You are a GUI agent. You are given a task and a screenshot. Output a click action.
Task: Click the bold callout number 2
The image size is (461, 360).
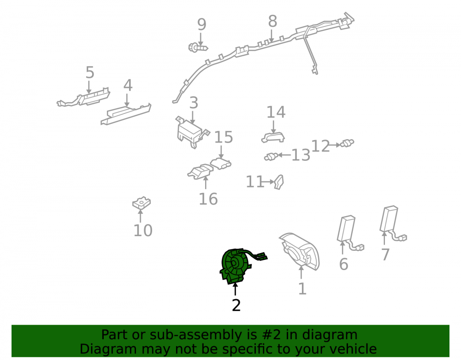coord(236,305)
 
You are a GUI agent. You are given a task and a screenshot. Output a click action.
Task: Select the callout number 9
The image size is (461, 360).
coord(201,24)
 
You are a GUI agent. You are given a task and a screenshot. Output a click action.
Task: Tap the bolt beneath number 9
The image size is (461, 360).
coord(198,47)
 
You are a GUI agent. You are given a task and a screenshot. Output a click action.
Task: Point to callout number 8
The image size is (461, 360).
coord(272,21)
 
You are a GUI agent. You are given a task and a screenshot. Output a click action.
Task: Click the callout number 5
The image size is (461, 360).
coord(90,72)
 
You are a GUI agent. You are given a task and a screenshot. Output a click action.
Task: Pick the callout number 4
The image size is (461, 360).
coord(128,86)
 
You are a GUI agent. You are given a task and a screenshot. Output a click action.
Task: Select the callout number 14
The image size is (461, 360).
coord(276,112)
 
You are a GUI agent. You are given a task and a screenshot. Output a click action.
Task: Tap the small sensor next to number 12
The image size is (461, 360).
coord(347,143)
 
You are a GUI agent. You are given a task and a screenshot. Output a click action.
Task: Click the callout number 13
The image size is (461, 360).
coord(301,155)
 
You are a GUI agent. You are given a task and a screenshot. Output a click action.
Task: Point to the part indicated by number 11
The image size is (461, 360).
coord(279,182)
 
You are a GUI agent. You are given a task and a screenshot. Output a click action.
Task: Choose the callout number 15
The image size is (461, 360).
coord(224,137)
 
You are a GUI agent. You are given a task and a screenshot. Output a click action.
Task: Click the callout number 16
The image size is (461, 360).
coord(208,199)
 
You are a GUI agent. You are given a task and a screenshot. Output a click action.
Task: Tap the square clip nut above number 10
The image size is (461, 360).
coord(142,203)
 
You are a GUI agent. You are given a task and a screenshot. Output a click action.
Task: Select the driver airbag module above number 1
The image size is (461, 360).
coord(299,252)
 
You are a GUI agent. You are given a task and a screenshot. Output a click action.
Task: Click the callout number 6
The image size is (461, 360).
coord(343,264)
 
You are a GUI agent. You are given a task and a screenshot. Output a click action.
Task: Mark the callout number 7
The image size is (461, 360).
coord(385,254)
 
